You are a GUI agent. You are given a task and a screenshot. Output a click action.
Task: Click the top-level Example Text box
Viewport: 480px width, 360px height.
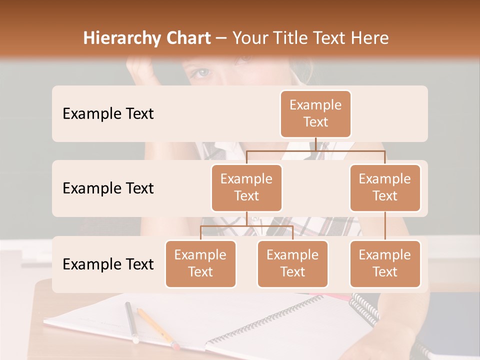click(x=315, y=113)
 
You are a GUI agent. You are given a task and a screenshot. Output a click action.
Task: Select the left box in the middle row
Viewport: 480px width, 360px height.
click(x=246, y=187)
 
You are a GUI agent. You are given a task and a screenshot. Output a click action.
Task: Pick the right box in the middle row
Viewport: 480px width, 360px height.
click(x=385, y=187)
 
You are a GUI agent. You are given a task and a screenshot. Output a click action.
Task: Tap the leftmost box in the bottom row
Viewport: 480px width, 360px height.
click(x=200, y=263)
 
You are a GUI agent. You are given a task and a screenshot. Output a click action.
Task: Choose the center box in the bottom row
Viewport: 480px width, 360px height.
click(x=292, y=263)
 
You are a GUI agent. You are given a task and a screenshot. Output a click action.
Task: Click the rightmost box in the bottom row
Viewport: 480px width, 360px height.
click(x=385, y=263)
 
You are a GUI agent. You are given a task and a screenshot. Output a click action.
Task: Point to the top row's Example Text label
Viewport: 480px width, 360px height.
click(x=108, y=113)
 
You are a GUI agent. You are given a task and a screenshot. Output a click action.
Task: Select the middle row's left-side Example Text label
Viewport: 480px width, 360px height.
click(x=108, y=188)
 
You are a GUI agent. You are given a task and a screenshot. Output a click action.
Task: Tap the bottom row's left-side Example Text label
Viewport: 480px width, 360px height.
click(x=108, y=264)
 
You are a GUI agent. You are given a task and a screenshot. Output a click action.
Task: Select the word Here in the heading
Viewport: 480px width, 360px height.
click(x=370, y=38)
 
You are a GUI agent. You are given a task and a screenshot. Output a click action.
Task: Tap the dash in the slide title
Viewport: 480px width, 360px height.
click(x=221, y=38)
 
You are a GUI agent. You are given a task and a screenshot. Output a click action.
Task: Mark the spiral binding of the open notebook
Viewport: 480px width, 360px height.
click(x=265, y=320)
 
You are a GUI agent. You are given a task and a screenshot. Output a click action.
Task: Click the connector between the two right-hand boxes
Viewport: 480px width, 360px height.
click(x=385, y=226)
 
